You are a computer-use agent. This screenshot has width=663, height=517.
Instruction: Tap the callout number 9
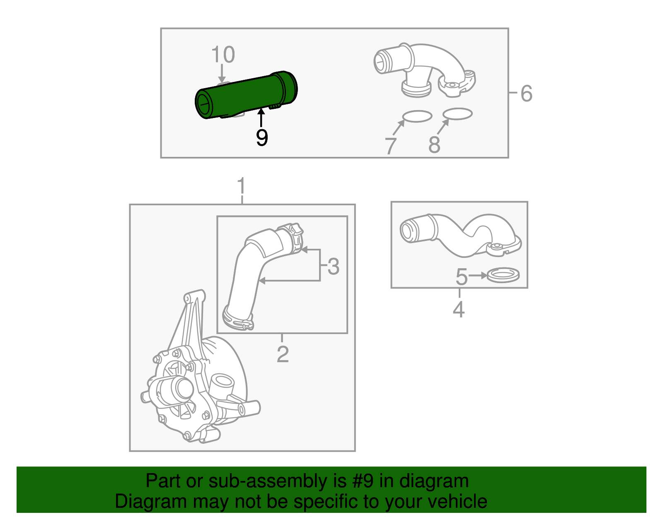(x=261, y=137)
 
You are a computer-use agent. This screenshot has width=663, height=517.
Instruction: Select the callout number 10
(x=223, y=55)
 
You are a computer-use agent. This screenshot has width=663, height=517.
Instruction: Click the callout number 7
(x=390, y=146)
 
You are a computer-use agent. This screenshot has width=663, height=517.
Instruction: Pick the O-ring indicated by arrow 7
(x=417, y=116)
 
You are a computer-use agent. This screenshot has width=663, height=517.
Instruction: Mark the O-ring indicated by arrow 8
(x=457, y=114)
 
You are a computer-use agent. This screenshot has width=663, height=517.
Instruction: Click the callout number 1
(x=241, y=187)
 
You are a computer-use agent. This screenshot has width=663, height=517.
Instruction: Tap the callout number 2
(x=282, y=354)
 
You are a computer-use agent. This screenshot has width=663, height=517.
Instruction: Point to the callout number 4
(x=459, y=310)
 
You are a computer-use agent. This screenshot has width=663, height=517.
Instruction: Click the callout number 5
(x=461, y=277)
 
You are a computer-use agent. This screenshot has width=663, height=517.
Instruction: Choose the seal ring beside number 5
(x=503, y=275)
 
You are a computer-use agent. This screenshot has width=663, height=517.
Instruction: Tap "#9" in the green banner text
(x=363, y=481)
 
